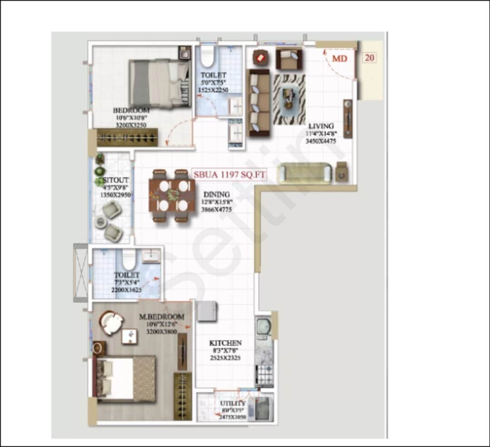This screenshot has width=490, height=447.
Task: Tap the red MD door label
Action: (339, 59)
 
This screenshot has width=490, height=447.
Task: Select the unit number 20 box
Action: (370, 58)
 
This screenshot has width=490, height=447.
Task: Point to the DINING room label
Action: (216, 194)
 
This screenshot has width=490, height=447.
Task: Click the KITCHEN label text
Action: (225, 343)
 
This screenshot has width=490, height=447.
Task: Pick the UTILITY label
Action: (233, 403)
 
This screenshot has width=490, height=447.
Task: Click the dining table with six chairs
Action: (172, 196)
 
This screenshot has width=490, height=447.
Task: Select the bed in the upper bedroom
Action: (159, 84)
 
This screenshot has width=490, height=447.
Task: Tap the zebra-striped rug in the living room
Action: (289, 99)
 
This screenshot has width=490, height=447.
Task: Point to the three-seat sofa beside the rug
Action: (260, 103)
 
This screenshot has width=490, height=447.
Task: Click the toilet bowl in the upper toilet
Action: (207, 56)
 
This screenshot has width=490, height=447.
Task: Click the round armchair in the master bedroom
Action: (111, 323)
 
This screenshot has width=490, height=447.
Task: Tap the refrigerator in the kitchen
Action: (206, 311)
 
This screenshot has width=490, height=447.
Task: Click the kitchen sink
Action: (263, 327)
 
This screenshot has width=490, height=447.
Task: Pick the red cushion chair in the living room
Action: (261, 58)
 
